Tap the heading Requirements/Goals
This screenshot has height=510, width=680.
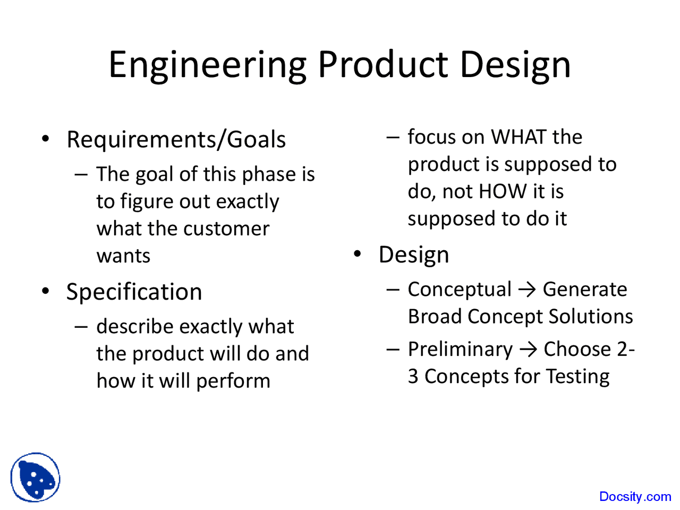coord(176,140)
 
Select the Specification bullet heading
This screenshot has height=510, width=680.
coord(134,292)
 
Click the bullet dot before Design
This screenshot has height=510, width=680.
coord(358,254)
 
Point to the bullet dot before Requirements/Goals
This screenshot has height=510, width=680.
coord(46,139)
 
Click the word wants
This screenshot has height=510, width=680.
coord(123,256)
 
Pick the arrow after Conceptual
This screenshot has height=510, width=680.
coord(526,290)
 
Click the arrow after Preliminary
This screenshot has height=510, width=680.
coord(528,350)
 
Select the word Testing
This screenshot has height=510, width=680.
coord(577,377)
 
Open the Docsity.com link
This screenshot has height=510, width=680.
coord(635,497)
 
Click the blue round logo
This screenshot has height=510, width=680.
coord(35,478)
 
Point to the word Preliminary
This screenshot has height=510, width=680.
coord(460,350)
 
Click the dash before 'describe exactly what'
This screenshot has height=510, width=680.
coord(81,326)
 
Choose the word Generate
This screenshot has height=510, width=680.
coord(584,290)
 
